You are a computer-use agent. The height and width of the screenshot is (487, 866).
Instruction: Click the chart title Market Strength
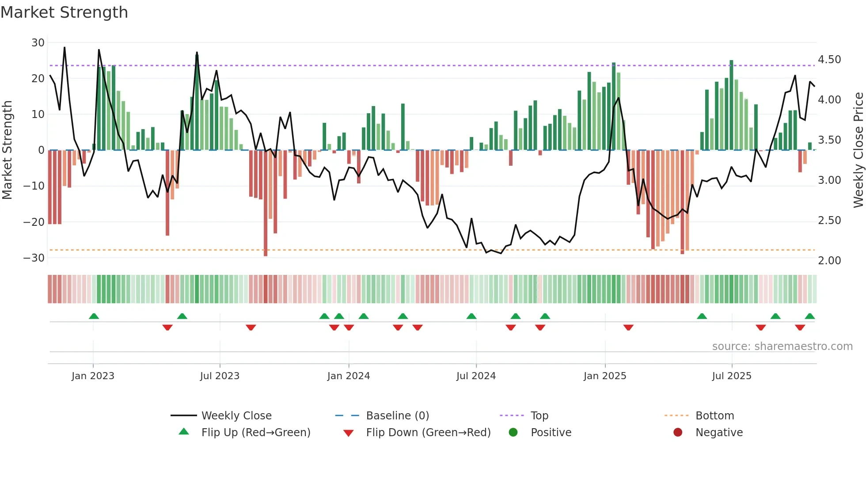point(64,12)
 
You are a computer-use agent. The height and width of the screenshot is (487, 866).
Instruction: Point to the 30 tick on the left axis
point(38,43)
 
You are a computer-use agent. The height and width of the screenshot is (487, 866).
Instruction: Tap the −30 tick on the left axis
point(34,258)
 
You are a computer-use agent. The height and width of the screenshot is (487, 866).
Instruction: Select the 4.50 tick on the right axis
point(829,60)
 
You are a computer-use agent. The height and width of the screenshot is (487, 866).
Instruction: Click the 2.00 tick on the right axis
point(829,261)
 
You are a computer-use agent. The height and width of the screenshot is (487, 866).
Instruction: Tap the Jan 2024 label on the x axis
point(349,376)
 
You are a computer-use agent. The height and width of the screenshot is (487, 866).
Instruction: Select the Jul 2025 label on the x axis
point(732,376)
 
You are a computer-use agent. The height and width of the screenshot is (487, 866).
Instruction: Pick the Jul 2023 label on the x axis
point(220,376)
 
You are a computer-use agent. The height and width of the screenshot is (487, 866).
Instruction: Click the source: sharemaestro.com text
point(782,346)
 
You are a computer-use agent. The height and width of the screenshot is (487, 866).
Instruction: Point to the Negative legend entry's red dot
point(678,432)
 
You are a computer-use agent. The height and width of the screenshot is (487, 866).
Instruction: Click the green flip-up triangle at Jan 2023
point(94,316)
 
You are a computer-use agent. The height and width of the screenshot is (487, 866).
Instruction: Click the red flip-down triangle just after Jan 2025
point(628,327)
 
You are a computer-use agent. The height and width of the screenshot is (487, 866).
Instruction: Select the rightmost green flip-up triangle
point(810,316)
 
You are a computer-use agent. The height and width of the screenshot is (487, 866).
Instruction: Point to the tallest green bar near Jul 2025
point(731,105)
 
